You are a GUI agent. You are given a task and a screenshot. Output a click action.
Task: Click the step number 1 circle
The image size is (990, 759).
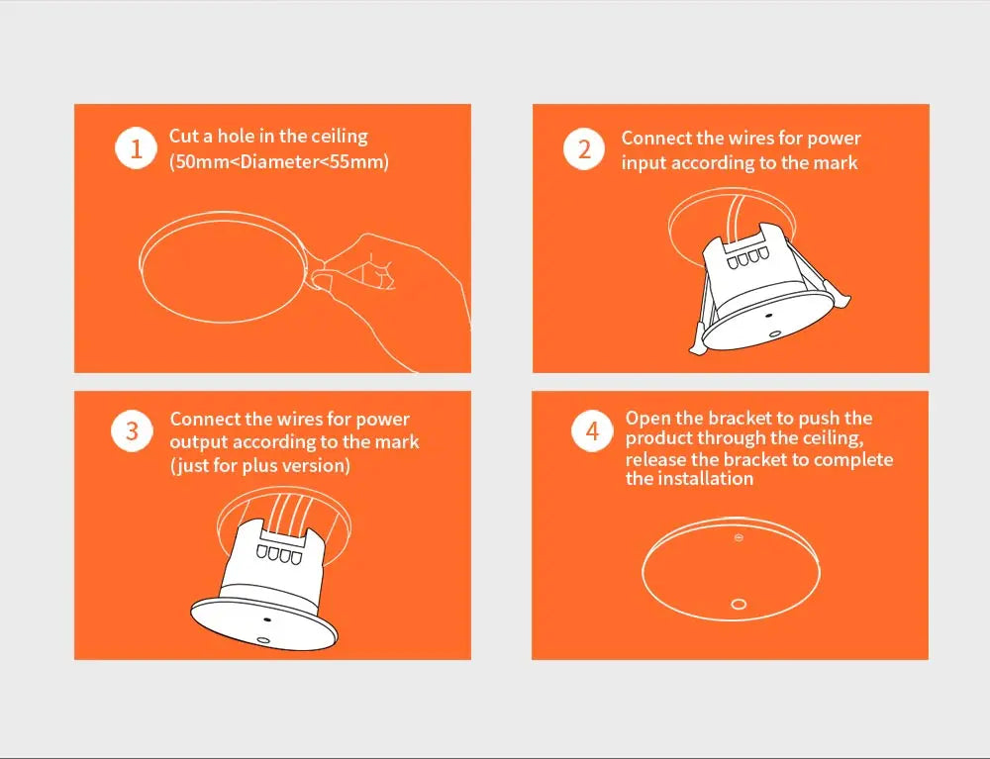136,148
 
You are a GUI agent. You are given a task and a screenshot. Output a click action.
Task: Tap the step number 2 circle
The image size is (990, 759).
584,148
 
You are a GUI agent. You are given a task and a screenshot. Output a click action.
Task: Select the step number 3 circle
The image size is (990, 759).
132,430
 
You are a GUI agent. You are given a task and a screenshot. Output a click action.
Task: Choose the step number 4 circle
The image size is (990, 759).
592,430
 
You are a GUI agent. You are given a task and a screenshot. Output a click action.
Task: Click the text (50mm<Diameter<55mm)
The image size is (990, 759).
279,162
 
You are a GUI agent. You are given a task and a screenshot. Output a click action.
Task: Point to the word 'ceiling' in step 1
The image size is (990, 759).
340,137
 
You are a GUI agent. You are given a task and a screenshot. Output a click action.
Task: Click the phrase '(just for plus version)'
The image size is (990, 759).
260,466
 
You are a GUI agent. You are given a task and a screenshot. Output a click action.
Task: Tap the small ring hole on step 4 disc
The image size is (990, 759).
739,605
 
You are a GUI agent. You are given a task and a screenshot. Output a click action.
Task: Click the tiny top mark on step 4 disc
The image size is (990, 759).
739,537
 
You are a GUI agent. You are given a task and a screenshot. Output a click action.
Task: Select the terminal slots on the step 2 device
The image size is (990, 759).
747,258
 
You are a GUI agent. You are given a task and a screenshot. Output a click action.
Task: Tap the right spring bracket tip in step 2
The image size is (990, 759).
843,299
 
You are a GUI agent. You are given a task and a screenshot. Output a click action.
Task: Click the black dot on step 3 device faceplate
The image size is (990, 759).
267,620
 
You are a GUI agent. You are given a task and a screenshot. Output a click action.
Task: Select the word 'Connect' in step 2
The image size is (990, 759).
654,139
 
